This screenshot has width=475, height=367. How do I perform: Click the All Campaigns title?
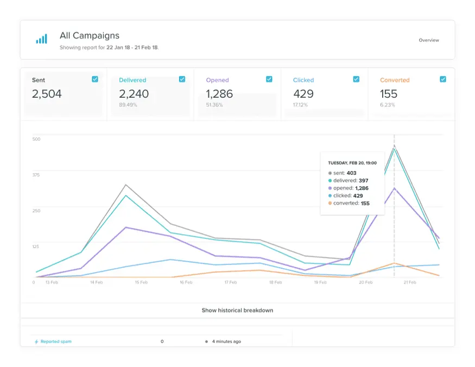tap(89, 36)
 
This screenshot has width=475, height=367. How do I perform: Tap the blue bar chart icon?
tap(41, 39)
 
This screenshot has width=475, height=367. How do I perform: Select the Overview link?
tap(429, 40)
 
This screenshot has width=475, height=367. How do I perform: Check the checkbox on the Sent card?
tap(95, 79)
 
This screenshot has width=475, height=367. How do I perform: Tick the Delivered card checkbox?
tap(182, 79)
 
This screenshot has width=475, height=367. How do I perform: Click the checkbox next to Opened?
tap(269, 79)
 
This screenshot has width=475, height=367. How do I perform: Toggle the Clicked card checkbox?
tap(356, 79)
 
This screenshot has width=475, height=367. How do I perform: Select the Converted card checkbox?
tap(443, 79)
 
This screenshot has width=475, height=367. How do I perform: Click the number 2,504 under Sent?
tap(47, 94)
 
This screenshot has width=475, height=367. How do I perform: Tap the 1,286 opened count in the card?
tap(219, 94)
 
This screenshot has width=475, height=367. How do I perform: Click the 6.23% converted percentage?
tap(388, 105)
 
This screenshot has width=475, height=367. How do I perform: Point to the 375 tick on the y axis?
tap(36, 175)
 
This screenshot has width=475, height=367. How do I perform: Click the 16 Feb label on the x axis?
tap(185, 282)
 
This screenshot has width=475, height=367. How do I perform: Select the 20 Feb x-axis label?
tap(365, 282)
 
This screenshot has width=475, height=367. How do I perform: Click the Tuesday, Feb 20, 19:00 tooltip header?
tap(352, 163)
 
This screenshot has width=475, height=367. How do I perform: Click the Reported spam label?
tap(55, 341)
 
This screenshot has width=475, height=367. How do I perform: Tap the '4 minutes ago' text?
tap(226, 341)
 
